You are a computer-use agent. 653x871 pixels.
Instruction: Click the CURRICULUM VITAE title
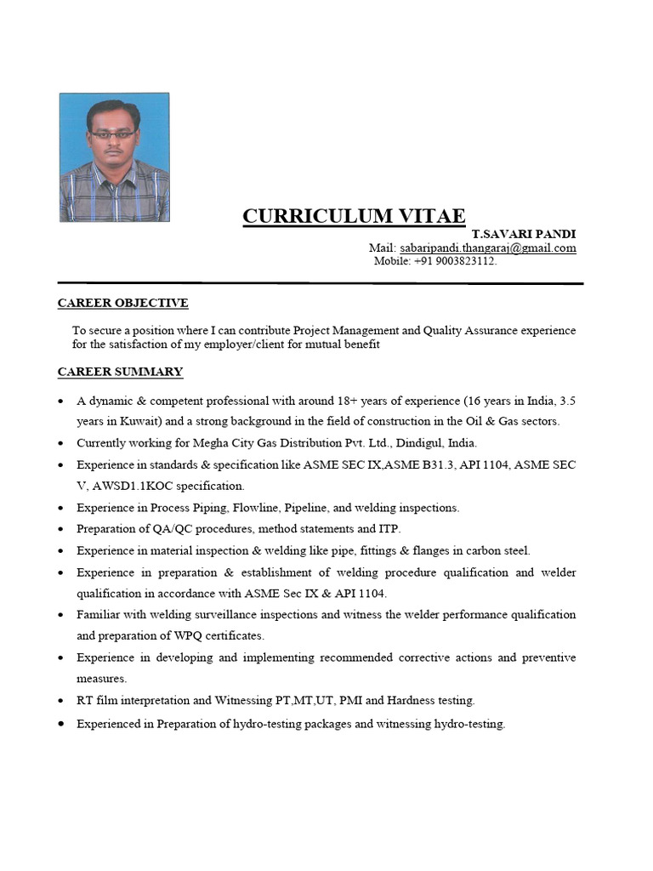(x=354, y=216)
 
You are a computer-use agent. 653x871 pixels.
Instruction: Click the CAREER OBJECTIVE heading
(x=122, y=303)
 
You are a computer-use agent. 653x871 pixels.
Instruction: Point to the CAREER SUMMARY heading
(x=120, y=372)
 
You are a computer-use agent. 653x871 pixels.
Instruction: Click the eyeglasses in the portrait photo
(x=113, y=134)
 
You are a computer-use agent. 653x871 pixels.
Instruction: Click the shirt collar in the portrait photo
(x=113, y=170)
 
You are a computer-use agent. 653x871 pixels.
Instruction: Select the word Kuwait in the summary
(x=128, y=422)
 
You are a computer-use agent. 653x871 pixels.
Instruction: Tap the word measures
(x=101, y=679)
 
